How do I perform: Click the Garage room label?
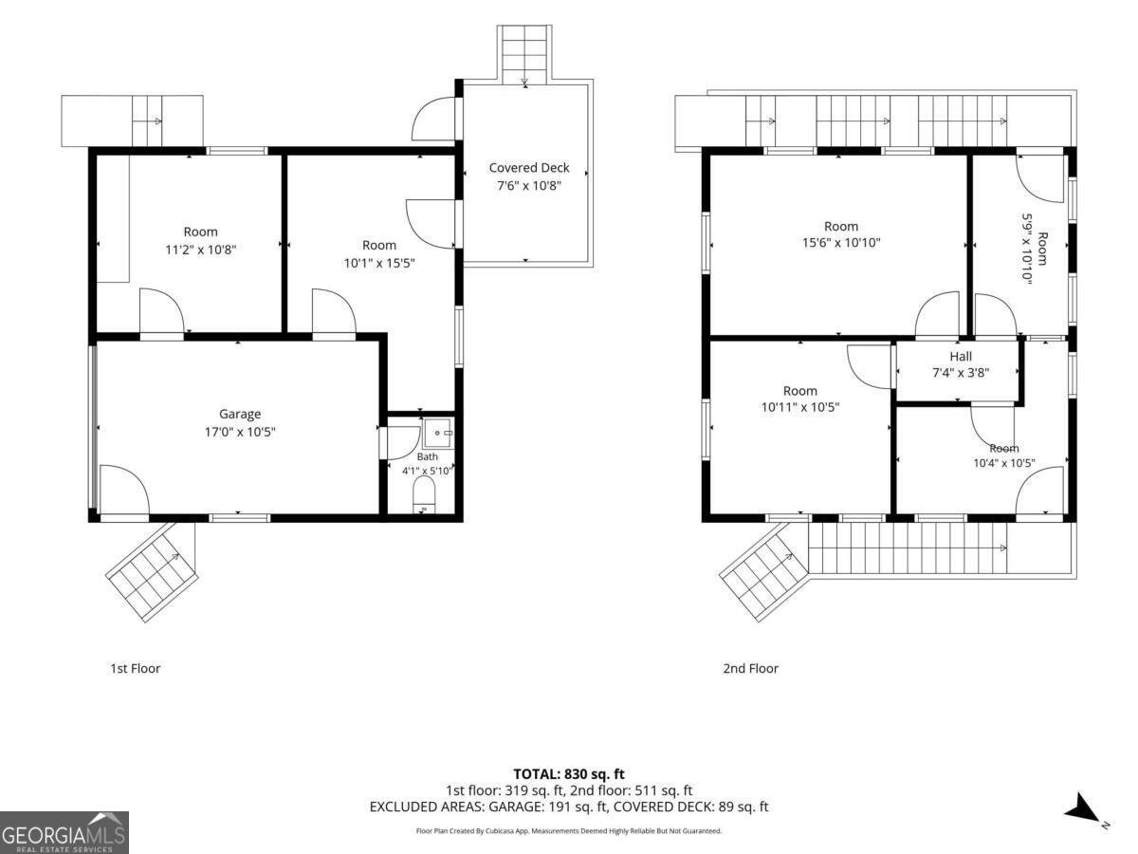240,415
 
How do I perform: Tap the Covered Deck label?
529,168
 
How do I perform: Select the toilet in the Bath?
424,494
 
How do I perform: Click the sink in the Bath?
439,433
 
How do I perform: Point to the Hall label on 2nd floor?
961,356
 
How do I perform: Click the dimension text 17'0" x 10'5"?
240,432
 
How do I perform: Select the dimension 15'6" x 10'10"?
841,243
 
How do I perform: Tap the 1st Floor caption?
136,668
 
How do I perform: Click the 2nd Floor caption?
751,668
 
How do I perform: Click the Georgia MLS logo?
64,832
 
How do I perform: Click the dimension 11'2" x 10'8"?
201,250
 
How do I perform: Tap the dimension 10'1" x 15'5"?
379,264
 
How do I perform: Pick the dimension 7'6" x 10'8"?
529,186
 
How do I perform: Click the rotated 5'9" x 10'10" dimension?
1026,249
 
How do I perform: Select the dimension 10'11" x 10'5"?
800,408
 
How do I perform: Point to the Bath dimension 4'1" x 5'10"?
428,471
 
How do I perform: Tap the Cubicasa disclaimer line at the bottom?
569,831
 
